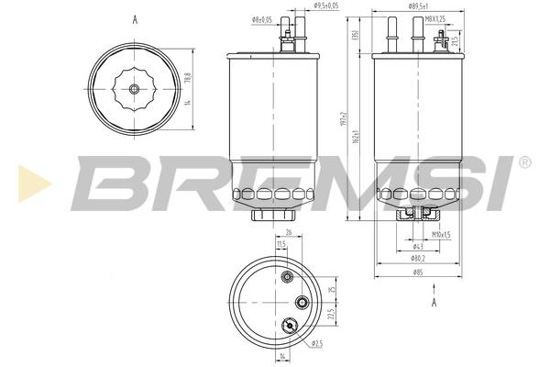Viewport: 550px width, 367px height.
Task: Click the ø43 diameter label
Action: (x=417, y=247)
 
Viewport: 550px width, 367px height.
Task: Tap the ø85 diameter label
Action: (x=417, y=272)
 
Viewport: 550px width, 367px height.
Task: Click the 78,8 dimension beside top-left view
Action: (x=188, y=78)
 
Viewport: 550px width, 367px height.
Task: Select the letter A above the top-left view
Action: (x=135, y=18)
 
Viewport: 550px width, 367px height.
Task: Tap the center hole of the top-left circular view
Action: (x=135, y=89)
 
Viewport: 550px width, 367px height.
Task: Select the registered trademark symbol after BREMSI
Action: (x=523, y=161)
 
